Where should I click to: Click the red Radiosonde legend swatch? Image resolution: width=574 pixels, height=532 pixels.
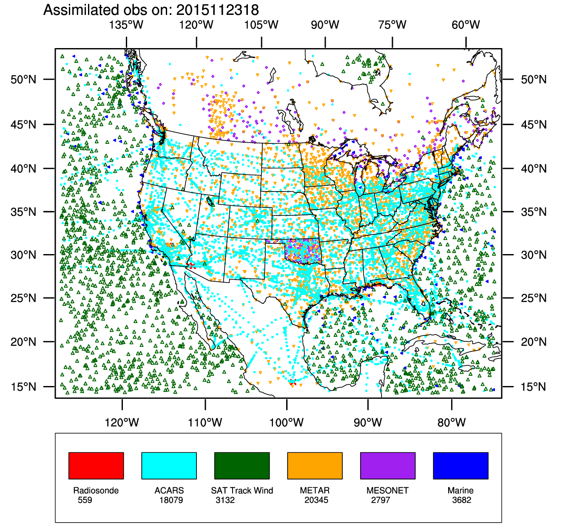click(x=96, y=466)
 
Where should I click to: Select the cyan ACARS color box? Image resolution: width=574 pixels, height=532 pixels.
click(x=169, y=466)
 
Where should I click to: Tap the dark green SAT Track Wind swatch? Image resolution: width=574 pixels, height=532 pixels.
click(x=242, y=466)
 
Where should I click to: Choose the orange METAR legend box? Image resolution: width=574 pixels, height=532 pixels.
click(x=315, y=466)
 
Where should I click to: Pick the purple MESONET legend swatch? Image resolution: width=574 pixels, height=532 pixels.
click(x=388, y=466)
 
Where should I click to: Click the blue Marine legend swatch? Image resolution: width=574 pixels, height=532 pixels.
click(x=460, y=466)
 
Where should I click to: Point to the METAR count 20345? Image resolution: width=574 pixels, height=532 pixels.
click(x=316, y=500)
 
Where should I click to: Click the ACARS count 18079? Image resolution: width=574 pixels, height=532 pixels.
click(x=171, y=500)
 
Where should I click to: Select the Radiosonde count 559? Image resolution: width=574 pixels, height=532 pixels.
click(x=85, y=500)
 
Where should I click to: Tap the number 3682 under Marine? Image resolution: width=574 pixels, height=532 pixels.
click(x=462, y=500)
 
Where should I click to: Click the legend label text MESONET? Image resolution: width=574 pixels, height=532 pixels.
click(x=387, y=490)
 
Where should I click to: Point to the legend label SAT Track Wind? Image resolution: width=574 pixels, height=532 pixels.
click(x=242, y=490)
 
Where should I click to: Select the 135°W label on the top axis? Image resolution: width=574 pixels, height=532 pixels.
click(x=126, y=25)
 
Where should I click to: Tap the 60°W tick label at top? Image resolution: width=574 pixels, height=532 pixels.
click(x=466, y=25)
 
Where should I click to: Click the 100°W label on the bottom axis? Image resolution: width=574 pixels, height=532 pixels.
click(x=287, y=423)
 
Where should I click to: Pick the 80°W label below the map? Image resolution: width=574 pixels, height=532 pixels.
click(x=452, y=423)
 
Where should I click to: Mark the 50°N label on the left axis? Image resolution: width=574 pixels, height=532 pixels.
click(x=24, y=80)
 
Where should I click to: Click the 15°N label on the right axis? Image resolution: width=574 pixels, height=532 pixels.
click(x=534, y=387)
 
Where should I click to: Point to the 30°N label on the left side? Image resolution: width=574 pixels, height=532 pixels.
click(x=24, y=255)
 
